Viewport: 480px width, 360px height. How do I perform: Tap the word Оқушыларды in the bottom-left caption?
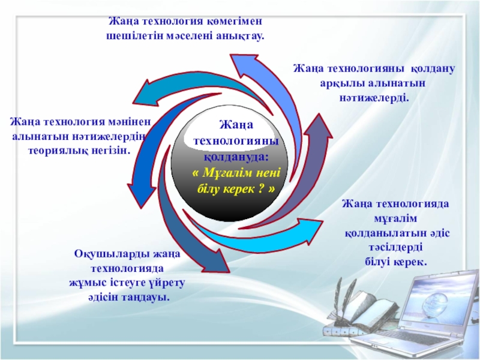click(105, 255)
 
